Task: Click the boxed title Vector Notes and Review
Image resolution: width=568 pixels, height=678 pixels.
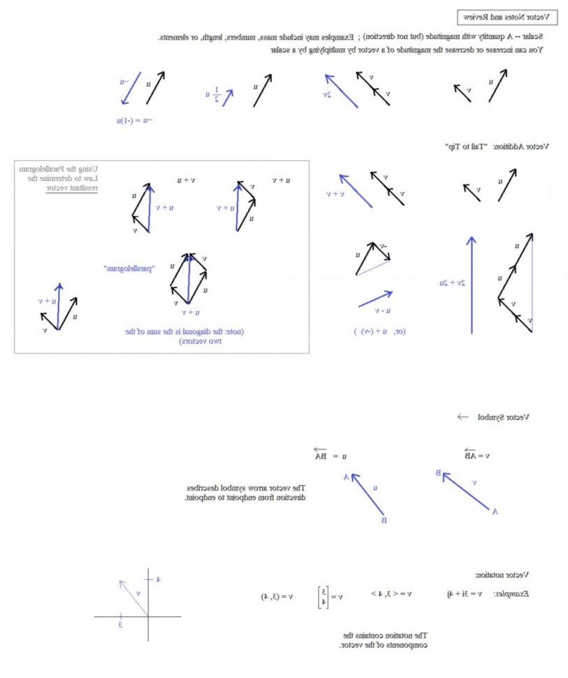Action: [511, 17]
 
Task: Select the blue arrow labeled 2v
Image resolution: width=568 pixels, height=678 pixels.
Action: [341, 90]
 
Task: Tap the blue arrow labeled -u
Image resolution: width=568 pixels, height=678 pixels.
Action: [131, 88]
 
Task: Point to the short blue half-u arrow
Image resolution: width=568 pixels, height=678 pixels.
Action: [228, 98]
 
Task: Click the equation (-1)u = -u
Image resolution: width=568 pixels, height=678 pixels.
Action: [134, 120]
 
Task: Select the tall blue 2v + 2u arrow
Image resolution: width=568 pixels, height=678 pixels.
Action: [471, 284]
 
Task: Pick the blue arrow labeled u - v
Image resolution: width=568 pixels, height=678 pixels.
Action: [375, 298]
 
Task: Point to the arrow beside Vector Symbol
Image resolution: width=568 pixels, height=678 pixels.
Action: [462, 417]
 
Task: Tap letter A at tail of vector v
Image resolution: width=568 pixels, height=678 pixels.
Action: [495, 512]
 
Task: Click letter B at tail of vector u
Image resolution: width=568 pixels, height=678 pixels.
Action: [384, 520]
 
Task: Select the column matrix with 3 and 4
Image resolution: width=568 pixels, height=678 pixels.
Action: [323, 596]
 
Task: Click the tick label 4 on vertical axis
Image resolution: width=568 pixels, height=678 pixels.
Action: [159, 579]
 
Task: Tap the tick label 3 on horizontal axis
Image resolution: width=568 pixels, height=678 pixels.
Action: [120, 624]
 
